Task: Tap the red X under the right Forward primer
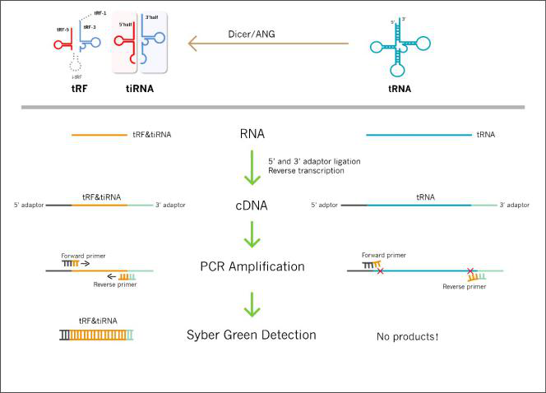click(x=380, y=270)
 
